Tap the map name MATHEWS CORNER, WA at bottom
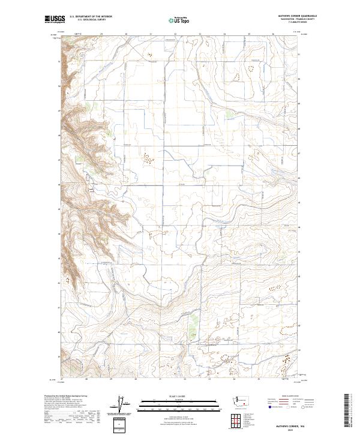pyautogui.click(x=296, y=424)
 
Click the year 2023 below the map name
pyautogui.click(x=296, y=428)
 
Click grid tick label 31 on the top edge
pyautogui.click(x=151, y=35)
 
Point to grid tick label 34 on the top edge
pyautogui.click(x=224, y=35)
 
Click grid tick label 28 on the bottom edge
pyautogui.click(x=87, y=379)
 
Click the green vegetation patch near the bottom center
pyautogui.click(x=193, y=325)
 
